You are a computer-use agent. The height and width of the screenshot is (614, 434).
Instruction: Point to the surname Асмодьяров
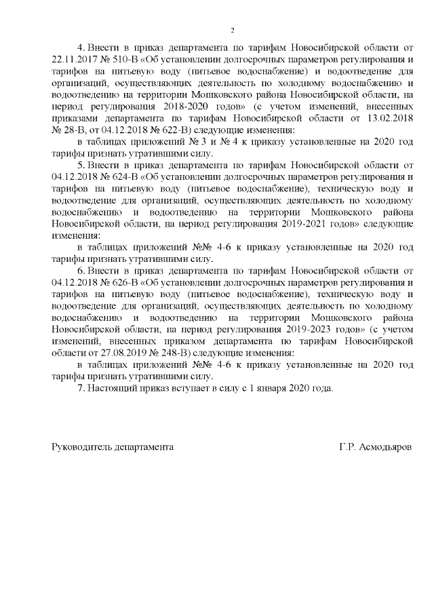click(384, 448)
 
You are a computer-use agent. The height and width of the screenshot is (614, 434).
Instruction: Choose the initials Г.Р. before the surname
click(347, 448)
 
